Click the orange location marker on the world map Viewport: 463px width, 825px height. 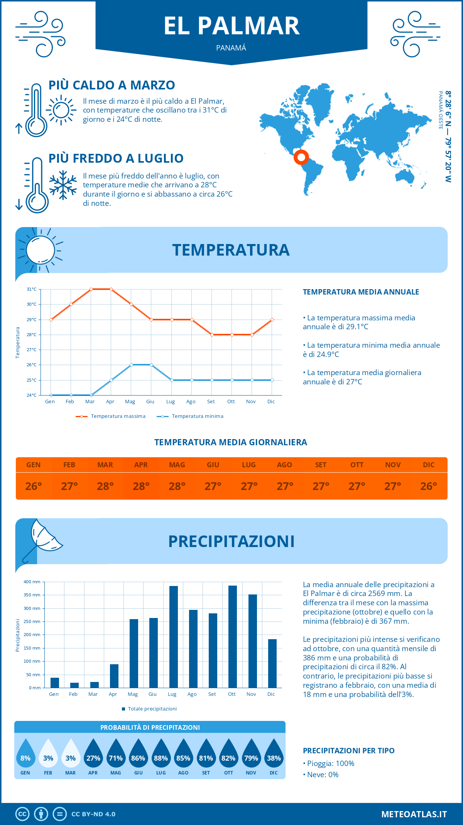[301, 157]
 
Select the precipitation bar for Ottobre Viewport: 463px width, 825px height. [232, 636]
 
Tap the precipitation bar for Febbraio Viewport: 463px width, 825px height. [74, 685]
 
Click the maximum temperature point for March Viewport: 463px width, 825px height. [91, 289]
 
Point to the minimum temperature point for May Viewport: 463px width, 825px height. [131, 365]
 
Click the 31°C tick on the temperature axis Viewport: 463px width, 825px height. [32, 289]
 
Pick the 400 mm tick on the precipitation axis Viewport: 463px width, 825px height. [32, 582]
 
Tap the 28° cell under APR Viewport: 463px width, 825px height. [141, 486]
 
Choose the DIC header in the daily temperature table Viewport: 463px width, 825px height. [429, 465]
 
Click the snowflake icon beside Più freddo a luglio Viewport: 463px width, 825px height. [63, 185]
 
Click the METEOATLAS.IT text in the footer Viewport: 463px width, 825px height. [414, 814]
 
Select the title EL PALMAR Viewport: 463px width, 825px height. [231, 26]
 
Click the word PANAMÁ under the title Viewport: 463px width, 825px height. [231, 48]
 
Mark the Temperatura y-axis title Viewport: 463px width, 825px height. [18, 342]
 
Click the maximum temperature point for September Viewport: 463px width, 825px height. [212, 335]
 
